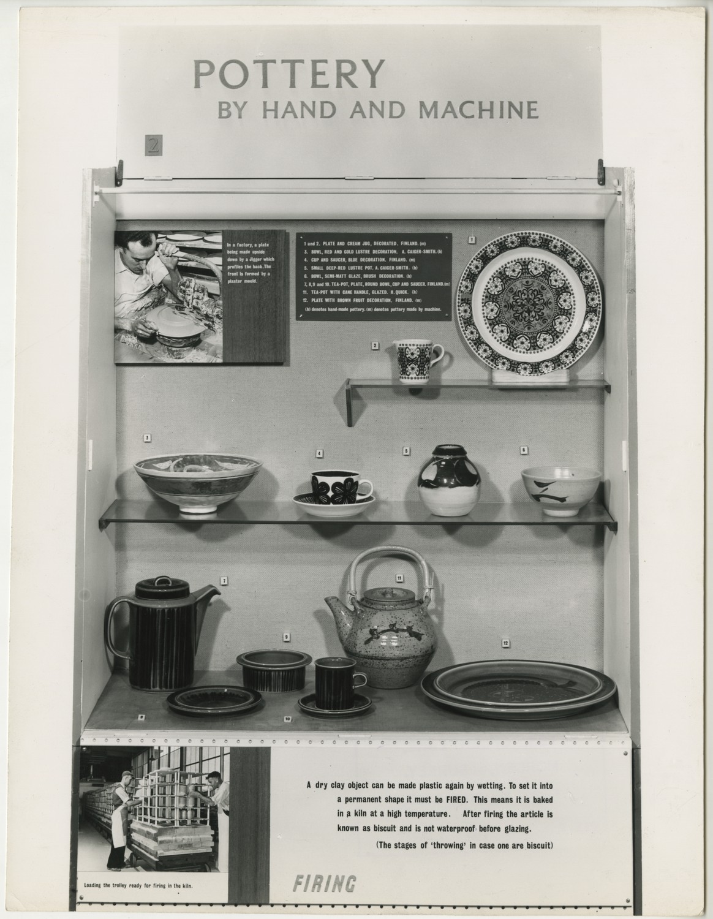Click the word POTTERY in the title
coord(289,74)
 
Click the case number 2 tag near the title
coord(153,146)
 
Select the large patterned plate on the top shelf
coord(529,303)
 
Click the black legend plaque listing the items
coord(374,276)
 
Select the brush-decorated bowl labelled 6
coord(560,490)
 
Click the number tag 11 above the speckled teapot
coord(399,578)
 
